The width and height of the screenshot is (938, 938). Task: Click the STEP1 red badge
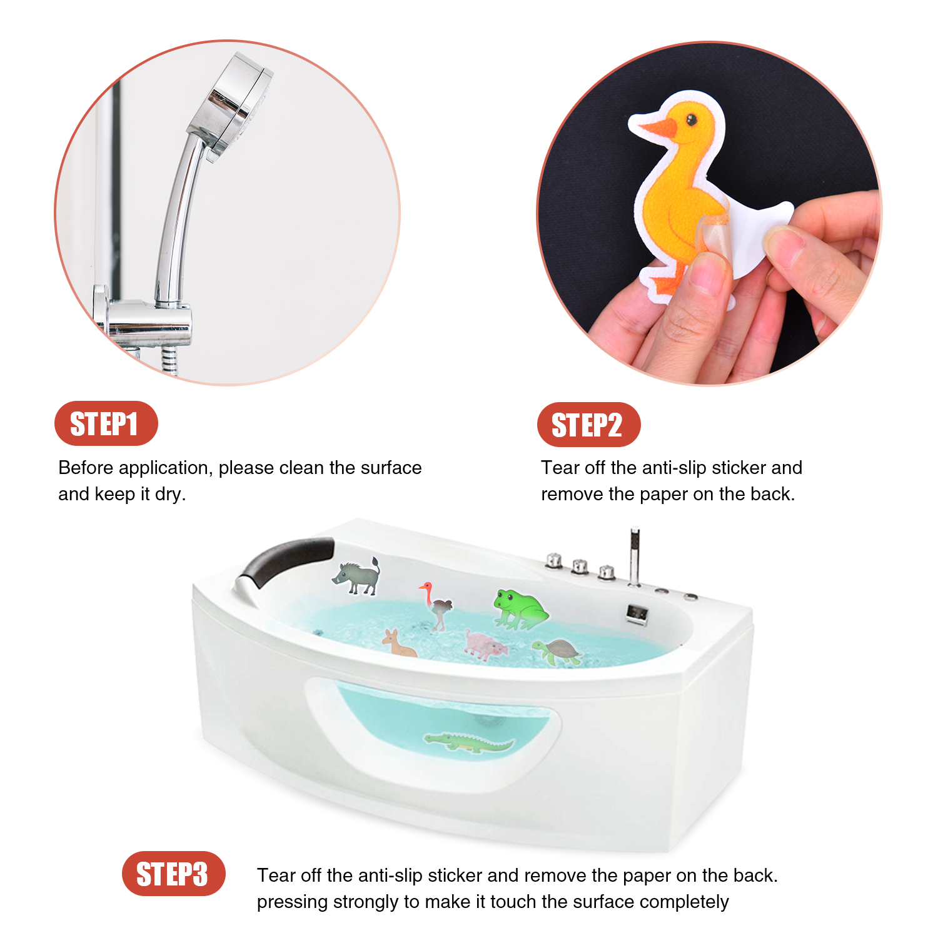click(106, 423)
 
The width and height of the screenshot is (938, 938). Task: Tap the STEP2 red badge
click(588, 425)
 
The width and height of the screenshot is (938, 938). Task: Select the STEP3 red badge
click(173, 874)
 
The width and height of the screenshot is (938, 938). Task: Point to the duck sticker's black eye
click(692, 119)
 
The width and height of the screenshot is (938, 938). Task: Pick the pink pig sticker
click(485, 645)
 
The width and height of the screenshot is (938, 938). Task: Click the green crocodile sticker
click(469, 743)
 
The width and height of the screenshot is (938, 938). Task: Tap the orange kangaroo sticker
click(398, 643)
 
